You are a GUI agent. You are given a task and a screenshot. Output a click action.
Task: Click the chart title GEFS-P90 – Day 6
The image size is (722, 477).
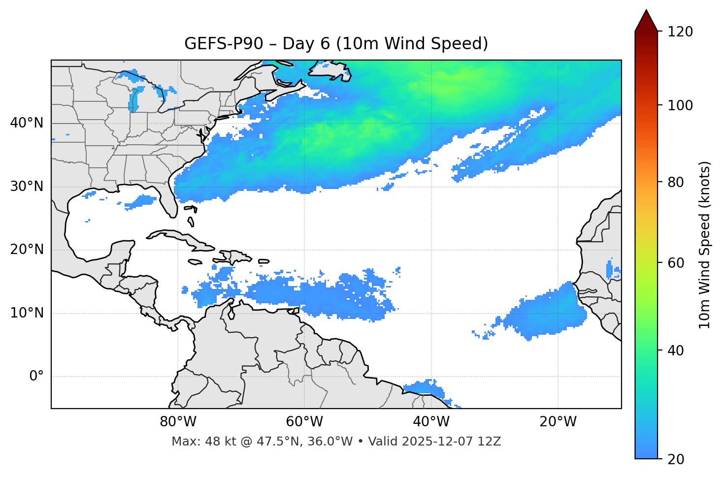coord(336,44)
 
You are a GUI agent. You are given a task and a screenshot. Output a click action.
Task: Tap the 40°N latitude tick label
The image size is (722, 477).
coord(27,123)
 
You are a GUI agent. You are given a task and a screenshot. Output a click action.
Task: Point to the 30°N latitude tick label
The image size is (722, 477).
coord(27,187)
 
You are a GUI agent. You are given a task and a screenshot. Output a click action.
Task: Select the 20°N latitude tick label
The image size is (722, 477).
coord(27,250)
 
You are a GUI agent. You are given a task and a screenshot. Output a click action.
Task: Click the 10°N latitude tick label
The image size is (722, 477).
coord(27,313)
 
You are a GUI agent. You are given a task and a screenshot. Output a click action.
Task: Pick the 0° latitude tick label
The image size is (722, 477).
coord(36,377)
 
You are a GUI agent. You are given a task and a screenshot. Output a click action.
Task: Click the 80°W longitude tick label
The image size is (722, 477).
coord(178,422)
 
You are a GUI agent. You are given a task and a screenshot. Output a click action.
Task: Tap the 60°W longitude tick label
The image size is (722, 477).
coord(304,422)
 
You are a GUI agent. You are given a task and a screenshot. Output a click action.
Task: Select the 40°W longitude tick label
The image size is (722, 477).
coord(431,422)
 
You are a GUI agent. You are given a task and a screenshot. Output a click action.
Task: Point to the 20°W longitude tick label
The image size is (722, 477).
coord(558,422)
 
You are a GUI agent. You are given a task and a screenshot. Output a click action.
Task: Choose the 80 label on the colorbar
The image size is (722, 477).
coord(679,182)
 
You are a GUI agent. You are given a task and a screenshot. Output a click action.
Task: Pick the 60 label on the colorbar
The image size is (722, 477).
coord(679,263)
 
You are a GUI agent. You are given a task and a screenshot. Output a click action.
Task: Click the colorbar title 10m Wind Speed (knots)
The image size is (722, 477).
coord(705,245)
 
